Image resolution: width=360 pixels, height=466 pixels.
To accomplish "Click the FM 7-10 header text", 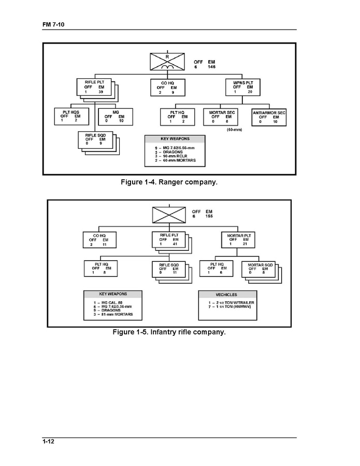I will click(53, 25).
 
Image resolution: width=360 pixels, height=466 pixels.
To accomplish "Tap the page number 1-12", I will click(49, 441).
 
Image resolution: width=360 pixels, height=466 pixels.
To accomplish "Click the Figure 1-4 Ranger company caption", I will click(169, 182).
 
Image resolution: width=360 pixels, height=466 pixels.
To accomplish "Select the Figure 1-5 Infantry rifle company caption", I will click(169, 332).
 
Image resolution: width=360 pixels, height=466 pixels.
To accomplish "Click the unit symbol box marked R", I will click(167, 62).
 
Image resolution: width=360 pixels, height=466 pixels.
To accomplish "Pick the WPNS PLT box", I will click(243, 87).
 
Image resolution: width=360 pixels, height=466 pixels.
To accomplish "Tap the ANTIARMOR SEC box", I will click(269, 118).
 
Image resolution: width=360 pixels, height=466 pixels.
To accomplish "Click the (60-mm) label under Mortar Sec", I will click(234, 130).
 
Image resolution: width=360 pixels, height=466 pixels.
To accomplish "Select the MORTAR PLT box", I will click(239, 241).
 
